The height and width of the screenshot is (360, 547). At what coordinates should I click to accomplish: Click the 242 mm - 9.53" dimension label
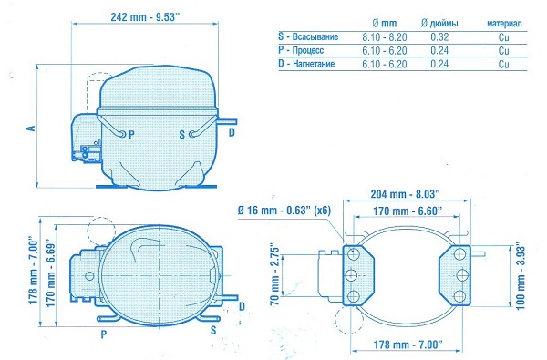(144, 17)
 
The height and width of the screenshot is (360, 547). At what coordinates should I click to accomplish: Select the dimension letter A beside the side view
(31, 128)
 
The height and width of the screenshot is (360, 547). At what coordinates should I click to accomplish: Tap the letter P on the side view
(131, 135)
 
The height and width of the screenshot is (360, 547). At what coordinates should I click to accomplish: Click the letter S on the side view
(181, 135)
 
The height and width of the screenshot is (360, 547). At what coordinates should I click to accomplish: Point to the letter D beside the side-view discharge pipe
(232, 132)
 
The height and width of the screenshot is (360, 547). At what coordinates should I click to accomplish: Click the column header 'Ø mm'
(385, 24)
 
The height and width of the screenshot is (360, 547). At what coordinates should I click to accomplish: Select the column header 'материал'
(504, 24)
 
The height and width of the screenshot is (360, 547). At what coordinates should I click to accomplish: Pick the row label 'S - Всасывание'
(308, 36)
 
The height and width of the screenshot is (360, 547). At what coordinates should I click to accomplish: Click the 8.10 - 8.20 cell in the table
(385, 37)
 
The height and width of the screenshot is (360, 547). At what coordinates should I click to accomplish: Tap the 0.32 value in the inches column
(439, 37)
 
